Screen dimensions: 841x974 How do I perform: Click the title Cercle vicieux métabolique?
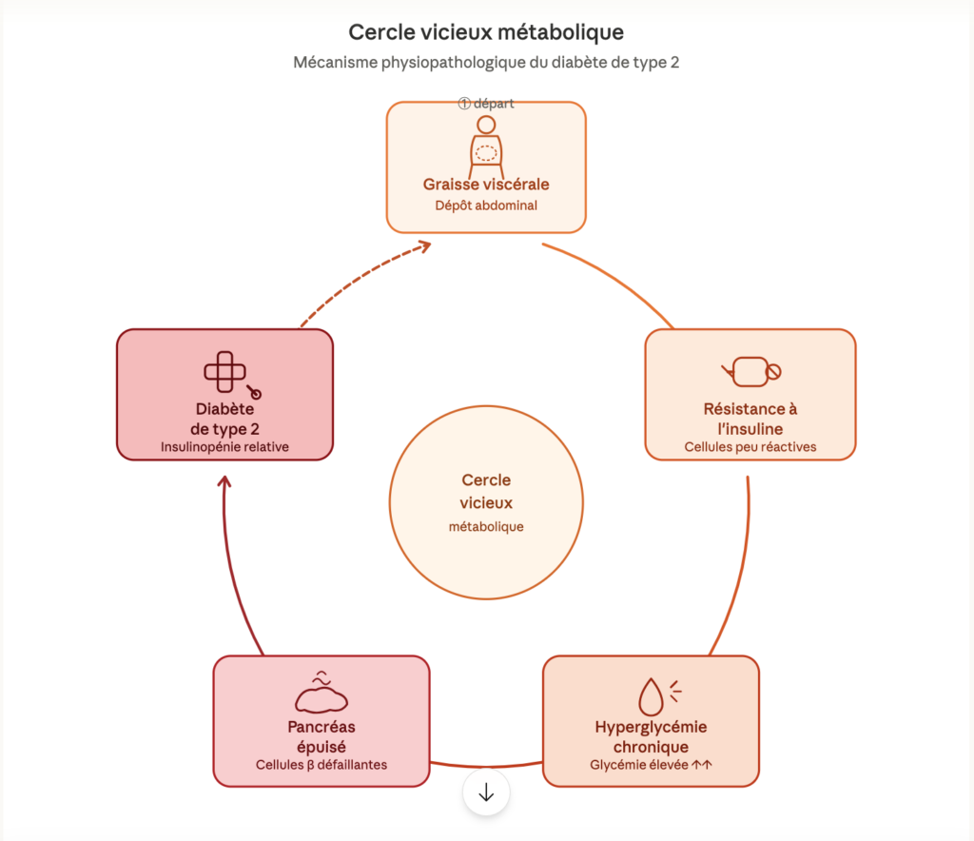click(x=486, y=32)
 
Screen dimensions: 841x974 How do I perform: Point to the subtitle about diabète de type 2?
click(x=486, y=64)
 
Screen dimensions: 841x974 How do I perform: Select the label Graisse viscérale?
click(x=486, y=184)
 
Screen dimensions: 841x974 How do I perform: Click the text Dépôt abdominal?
click(x=486, y=205)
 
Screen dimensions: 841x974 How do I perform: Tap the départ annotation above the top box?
click(x=486, y=104)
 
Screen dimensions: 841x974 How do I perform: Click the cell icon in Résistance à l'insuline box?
click(x=750, y=371)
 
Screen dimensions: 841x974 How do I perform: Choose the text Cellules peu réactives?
click(x=750, y=446)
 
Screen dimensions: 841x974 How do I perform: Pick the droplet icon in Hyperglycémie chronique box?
click(x=653, y=694)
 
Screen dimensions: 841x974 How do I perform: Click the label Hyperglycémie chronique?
click(x=651, y=736)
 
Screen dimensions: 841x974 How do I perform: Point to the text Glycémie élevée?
click(x=651, y=764)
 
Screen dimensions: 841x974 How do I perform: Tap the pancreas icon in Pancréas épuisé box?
click(x=321, y=694)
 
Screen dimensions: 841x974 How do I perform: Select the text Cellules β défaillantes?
click(x=321, y=764)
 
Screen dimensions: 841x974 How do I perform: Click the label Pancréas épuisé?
click(x=321, y=736)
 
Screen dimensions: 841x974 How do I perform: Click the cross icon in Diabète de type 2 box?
click(x=224, y=371)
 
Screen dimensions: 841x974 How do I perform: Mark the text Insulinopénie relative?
click(x=224, y=446)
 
